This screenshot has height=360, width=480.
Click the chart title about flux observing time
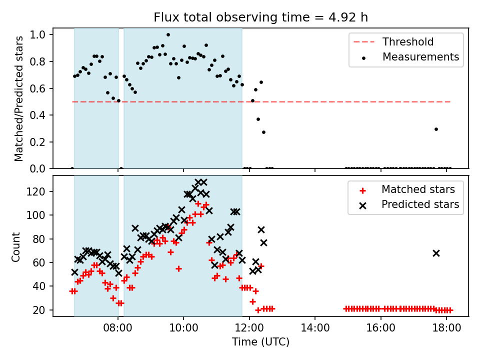tap(260, 17)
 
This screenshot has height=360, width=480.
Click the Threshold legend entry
tap(393, 41)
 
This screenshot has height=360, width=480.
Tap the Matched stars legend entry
tap(407, 189)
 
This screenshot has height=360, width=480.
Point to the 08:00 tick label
tap(118, 328)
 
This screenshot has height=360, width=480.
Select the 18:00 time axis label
tap(446, 328)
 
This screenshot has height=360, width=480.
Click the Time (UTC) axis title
tap(260, 341)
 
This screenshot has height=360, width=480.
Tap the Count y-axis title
tap(15, 247)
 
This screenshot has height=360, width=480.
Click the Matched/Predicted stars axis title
tap(18, 98)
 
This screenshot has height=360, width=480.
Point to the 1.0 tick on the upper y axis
tap(37, 34)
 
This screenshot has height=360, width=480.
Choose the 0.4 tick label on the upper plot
tap(37, 115)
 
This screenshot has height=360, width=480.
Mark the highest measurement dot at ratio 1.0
tap(168, 35)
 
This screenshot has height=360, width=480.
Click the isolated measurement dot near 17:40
tap(436, 129)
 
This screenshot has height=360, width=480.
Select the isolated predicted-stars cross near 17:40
tap(436, 253)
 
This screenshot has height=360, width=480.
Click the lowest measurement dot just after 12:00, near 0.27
tap(263, 132)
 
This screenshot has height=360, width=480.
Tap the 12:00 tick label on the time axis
tap(249, 328)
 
